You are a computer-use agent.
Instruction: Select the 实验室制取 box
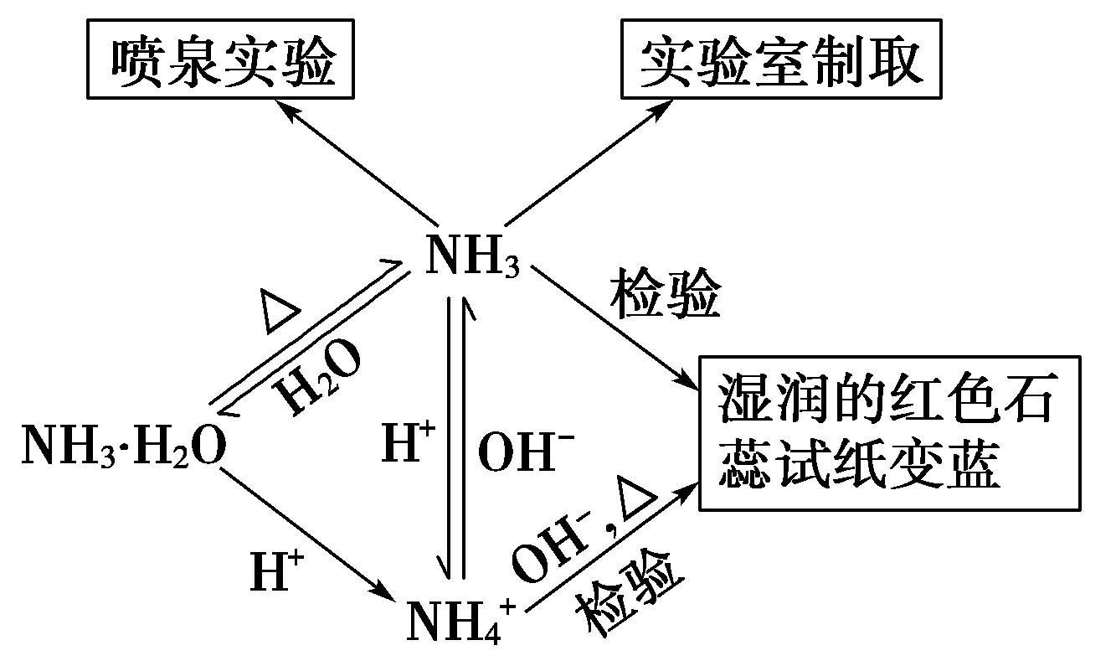point(780,64)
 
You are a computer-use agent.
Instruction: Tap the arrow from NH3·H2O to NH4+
point(310,536)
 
